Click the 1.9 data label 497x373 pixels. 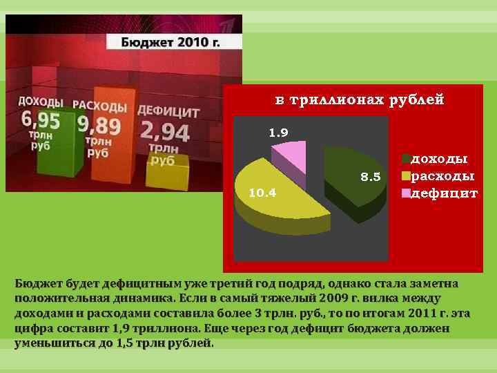coord(278,131)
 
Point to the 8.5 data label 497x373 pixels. coord(371,178)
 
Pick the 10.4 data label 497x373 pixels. coord(262,193)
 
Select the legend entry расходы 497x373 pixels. coord(442,176)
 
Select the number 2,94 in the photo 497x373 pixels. coord(164,130)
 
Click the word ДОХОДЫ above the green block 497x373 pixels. coord(41,102)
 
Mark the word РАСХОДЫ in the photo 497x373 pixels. coord(99,107)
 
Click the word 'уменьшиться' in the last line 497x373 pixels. coord(49,343)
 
